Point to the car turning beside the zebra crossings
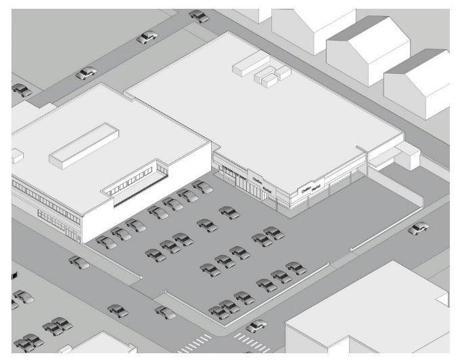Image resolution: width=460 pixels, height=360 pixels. tap(255, 326)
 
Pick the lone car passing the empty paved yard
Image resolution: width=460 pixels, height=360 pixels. tap(418, 229)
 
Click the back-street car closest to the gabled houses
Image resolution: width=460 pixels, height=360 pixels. tap(198, 15)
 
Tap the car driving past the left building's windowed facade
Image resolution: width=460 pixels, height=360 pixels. tap(78, 261)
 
